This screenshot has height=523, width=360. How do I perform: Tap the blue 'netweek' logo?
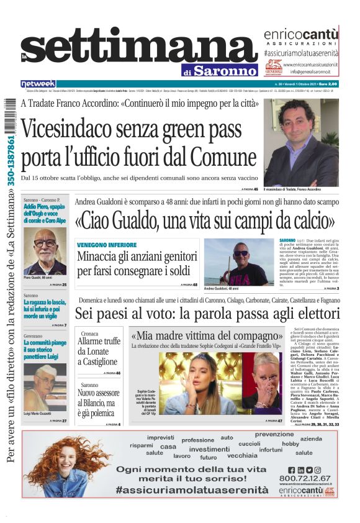coord(38,84)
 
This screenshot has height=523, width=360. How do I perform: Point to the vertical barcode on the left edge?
coord(9,124)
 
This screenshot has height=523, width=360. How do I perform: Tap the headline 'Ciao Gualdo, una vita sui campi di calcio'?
coord(205,222)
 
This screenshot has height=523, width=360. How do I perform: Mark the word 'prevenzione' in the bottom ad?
coord(274,434)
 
